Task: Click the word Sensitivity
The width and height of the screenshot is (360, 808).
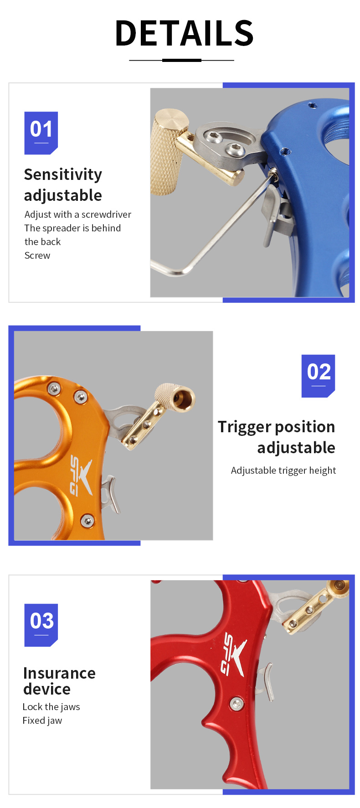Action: click(63, 174)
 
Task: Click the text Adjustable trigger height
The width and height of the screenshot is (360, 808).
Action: click(283, 470)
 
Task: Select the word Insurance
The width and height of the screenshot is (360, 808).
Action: click(59, 673)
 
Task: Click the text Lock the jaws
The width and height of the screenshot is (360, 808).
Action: click(51, 707)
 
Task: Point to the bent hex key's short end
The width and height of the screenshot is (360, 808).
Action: click(157, 266)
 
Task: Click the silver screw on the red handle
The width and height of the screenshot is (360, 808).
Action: click(236, 704)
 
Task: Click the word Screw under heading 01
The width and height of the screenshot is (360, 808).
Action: click(37, 256)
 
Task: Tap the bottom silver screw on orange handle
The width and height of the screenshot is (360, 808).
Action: click(87, 520)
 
